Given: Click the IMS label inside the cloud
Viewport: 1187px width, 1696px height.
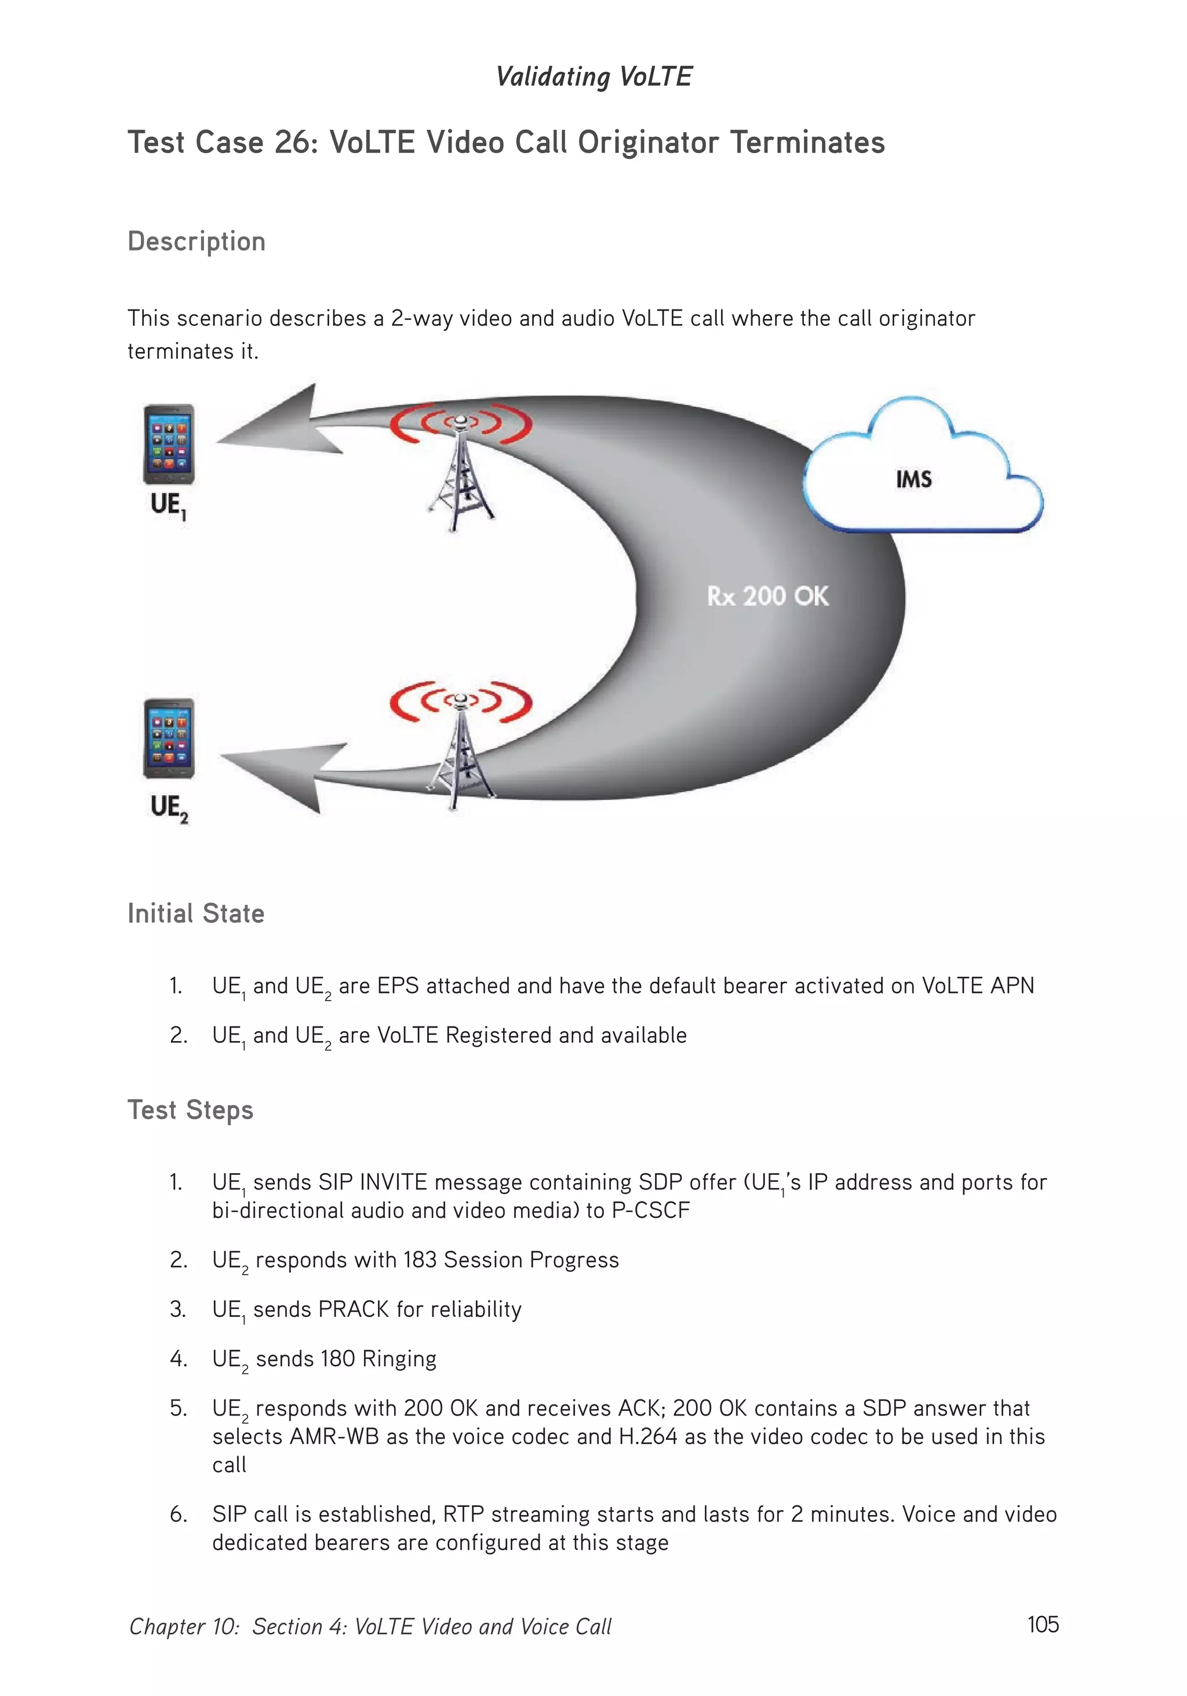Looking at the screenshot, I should point(913,479).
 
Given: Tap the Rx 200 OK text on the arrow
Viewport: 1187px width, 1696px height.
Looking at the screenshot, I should point(767,596).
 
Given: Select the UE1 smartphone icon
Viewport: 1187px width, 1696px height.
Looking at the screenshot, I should point(169,444).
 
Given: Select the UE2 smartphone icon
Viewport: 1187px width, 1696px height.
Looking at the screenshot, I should point(169,738).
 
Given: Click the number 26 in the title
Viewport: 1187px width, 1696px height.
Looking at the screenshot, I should point(292,143).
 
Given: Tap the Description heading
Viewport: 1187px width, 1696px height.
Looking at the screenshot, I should point(196,242).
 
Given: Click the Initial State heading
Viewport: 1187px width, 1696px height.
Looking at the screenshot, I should point(196,913).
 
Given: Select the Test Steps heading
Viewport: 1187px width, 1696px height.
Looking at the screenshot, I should point(191,1110).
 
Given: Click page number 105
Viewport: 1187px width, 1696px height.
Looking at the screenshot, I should point(1042,1624).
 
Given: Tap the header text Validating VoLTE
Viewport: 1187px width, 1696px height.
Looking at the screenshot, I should point(594,76).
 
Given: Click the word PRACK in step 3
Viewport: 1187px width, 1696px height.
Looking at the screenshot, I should point(353,1309).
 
